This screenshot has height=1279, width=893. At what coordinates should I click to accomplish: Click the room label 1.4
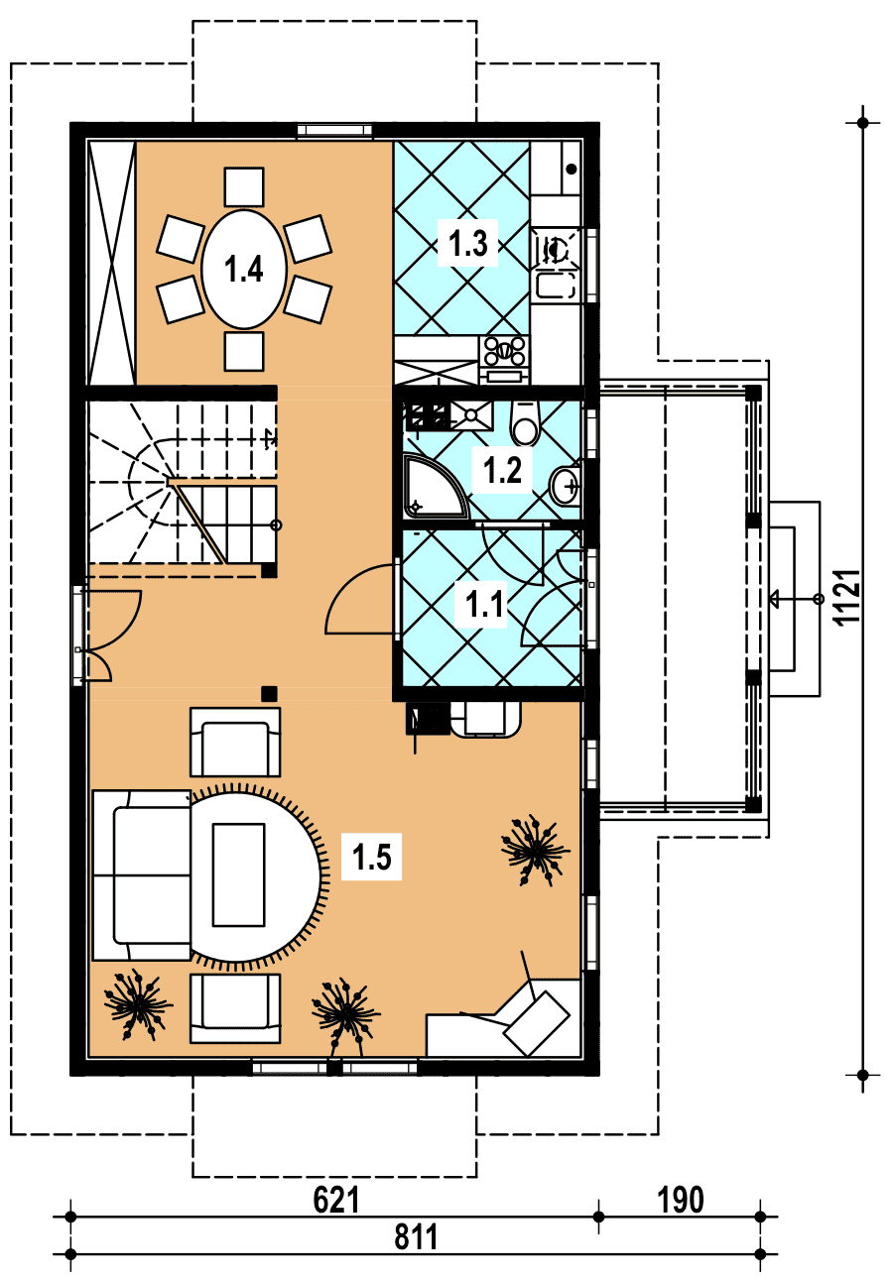pos(243,269)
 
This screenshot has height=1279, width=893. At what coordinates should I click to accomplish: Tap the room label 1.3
pos(468,243)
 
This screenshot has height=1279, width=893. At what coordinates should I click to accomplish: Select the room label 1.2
pos(502,470)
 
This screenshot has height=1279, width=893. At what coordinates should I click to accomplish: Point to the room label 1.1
pos(484,604)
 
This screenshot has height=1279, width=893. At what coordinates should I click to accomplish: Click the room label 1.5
pos(372,857)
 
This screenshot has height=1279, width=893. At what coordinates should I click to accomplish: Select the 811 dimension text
pos(416,1235)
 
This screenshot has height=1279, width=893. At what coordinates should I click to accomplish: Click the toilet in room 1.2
pos(526,423)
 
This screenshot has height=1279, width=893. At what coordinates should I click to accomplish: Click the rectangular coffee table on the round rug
pos(238,874)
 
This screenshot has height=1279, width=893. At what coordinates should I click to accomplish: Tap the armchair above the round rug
pos(235,743)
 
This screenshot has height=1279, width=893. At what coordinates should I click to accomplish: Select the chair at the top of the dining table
pos(244,186)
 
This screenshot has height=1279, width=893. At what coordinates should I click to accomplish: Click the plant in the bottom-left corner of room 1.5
pos(137,1004)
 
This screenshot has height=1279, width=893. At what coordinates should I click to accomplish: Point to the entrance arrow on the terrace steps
pos(795,599)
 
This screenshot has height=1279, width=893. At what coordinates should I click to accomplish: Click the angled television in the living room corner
pos(537,1022)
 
